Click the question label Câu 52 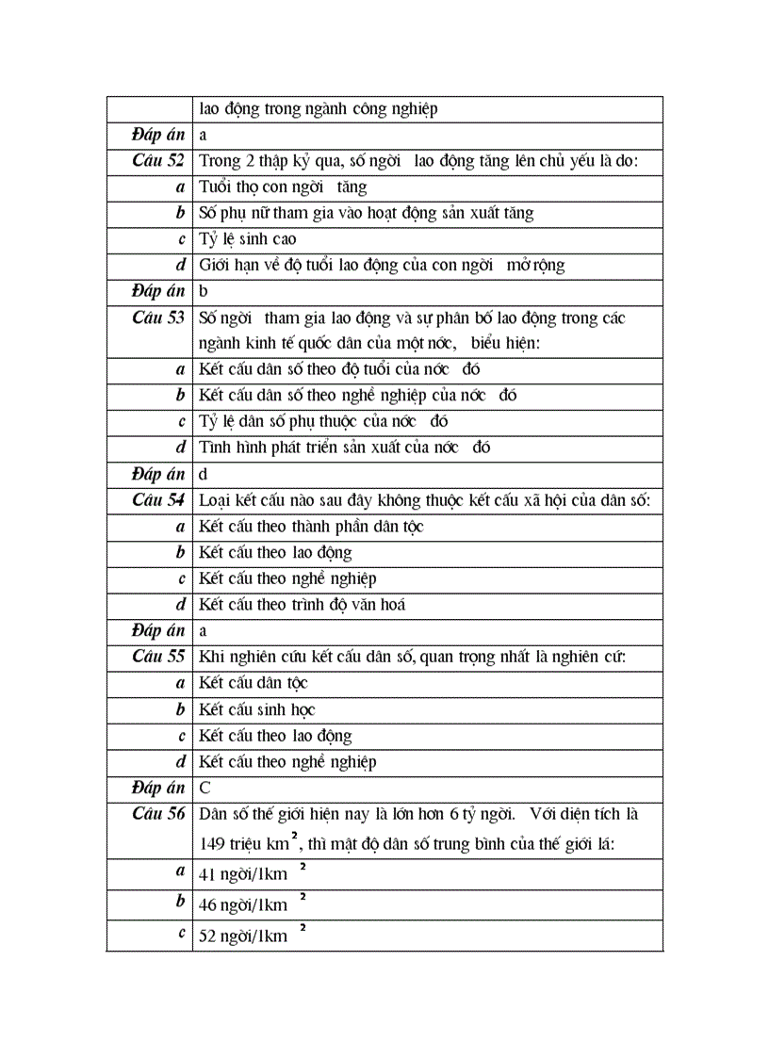[x=158, y=160]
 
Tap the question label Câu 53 [x=158, y=317]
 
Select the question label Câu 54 [x=158, y=500]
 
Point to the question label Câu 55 [x=158, y=657]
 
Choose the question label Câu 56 [x=158, y=814]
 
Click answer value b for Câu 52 [x=204, y=291]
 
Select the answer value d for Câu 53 [x=204, y=475]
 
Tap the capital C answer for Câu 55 [x=205, y=789]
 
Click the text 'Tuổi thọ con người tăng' [x=283, y=187]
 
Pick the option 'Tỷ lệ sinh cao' [x=247, y=239]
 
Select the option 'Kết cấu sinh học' [x=256, y=709]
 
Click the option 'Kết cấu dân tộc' [x=253, y=683]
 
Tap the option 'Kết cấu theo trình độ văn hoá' [x=302, y=605]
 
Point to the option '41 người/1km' [x=243, y=874]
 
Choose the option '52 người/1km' [x=243, y=936]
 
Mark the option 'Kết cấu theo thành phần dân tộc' [x=311, y=527]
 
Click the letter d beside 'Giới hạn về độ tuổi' [x=180, y=266]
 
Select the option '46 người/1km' [x=243, y=905]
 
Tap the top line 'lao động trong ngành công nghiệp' [x=318, y=109]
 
